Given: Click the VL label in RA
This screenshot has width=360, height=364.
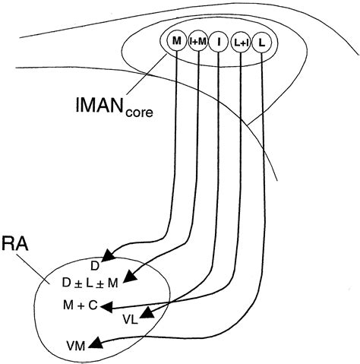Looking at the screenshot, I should point(129,320).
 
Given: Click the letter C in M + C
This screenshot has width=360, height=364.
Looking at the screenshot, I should point(93,305).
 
